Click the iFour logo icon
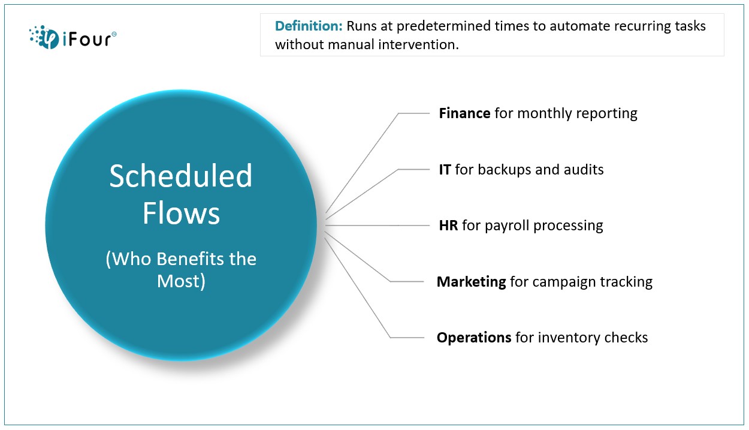point(44,37)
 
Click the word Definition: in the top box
point(309,26)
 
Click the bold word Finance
point(464,113)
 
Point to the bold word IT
point(445,170)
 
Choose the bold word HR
point(448,225)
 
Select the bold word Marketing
point(471,282)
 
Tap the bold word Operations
point(474,338)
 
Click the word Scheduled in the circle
point(180,176)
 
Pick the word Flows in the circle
point(181,213)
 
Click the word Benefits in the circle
point(190,259)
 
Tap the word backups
point(505,170)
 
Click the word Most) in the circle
point(181,281)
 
